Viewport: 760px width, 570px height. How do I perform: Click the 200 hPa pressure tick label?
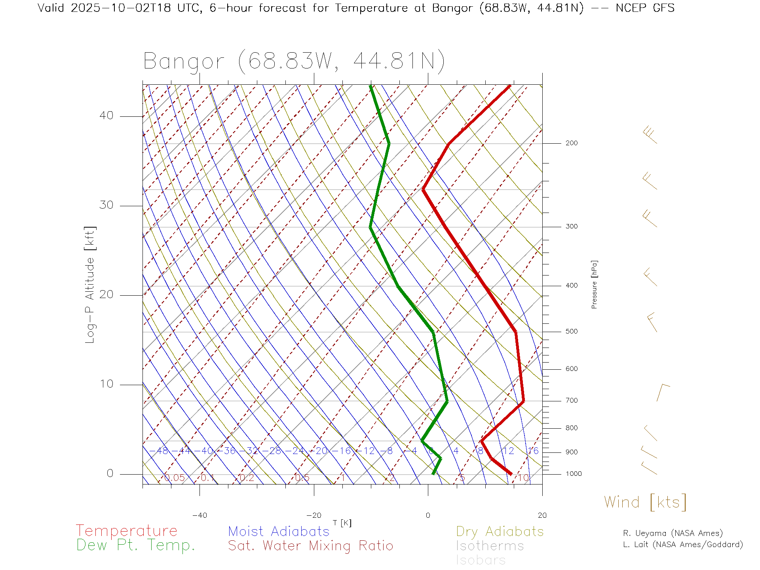point(571,143)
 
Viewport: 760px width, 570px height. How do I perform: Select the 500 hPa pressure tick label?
point(571,332)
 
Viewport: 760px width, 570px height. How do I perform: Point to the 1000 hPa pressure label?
point(573,474)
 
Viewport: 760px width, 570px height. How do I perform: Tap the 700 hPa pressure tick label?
point(571,401)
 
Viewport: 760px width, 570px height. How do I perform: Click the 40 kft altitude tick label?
point(106,116)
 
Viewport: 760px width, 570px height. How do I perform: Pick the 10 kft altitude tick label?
point(106,384)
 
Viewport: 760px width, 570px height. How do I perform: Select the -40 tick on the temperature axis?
point(199,515)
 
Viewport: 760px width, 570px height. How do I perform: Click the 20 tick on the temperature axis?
point(542,515)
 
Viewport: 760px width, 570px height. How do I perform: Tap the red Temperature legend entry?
point(126,531)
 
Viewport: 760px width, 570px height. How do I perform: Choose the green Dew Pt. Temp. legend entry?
point(136,545)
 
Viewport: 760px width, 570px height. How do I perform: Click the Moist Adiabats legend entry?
point(279,532)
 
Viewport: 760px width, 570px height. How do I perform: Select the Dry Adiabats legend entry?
point(500,532)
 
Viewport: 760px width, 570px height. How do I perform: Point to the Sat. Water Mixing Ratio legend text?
point(310,546)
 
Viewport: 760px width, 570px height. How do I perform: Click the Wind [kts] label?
point(645,502)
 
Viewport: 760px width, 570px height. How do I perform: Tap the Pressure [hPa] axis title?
point(594,284)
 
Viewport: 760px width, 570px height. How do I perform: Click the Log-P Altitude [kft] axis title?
point(90,285)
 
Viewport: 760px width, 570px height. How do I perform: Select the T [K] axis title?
point(342,523)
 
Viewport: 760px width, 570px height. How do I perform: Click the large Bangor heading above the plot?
point(294,61)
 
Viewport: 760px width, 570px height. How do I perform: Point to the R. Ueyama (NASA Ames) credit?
point(673,533)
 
